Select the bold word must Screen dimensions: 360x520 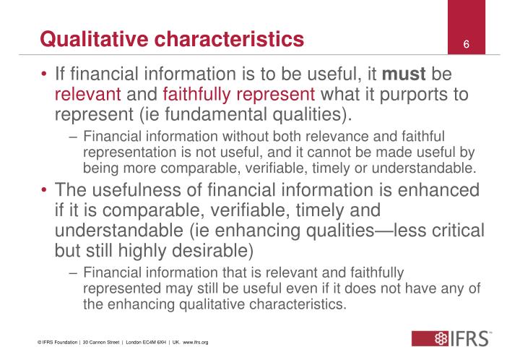(404, 74)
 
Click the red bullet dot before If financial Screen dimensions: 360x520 (45, 75)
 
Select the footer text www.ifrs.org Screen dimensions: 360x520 (194, 341)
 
